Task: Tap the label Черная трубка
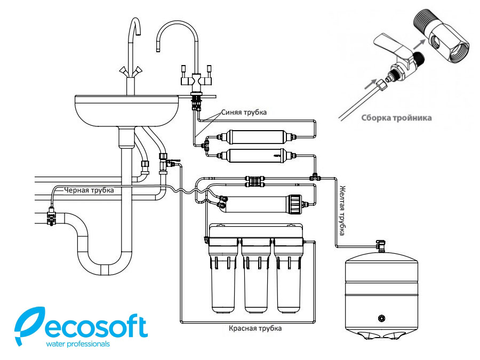(89, 189)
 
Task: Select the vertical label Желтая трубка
(342, 209)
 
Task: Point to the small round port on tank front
(381, 318)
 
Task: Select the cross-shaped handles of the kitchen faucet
(130, 70)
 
